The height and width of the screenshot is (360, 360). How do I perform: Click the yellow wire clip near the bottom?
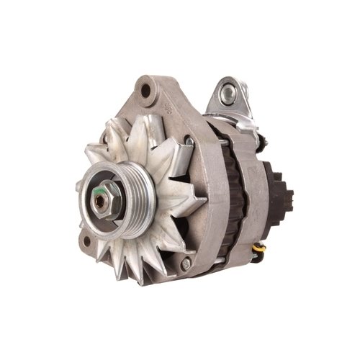coord(261,249)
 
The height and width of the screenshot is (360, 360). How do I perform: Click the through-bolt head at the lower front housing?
coord(186,265)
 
